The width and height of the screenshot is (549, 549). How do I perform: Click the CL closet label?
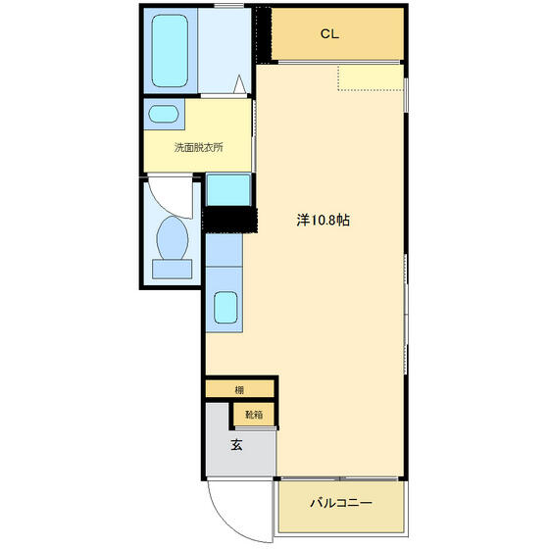[329, 34]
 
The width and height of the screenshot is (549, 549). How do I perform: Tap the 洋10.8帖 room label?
[323, 221]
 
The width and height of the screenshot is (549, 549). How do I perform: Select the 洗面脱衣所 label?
[198, 147]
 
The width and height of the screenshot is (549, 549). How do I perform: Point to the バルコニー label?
[341, 503]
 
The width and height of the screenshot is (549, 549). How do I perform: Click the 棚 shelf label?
[239, 390]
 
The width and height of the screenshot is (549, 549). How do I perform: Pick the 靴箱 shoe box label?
[254, 415]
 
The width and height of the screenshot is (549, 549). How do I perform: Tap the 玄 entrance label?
[236, 445]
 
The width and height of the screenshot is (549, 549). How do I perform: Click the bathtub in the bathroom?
[170, 51]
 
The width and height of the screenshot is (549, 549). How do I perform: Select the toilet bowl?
[172, 238]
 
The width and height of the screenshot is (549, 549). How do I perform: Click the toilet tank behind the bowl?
[172, 269]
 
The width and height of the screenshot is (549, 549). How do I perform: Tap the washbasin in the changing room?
[164, 114]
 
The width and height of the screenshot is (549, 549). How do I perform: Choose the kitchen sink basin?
[225, 308]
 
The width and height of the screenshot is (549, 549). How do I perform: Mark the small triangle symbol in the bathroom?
[239, 84]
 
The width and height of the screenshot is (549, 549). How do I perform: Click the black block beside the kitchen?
[229, 220]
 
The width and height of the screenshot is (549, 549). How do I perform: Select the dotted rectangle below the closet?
[371, 77]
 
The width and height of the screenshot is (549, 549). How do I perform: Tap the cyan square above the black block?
[228, 190]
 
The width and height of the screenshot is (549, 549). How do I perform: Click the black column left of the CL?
[264, 34]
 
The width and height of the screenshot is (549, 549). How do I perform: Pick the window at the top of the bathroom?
[228, 5]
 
